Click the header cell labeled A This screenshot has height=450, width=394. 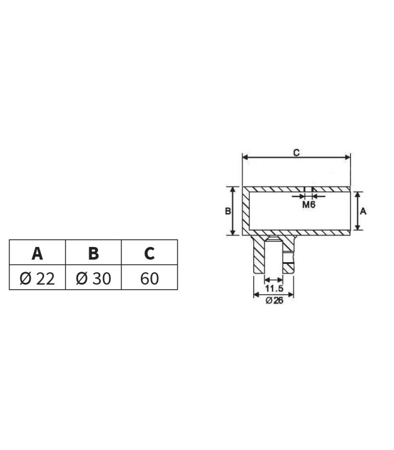click(x=37, y=252)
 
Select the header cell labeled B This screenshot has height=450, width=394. click(x=93, y=252)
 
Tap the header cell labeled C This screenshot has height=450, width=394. click(x=149, y=252)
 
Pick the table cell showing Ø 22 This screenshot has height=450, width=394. click(x=37, y=277)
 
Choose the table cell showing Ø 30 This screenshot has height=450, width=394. click(x=93, y=277)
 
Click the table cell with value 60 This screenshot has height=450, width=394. click(x=149, y=277)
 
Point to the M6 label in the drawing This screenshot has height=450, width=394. click(x=308, y=205)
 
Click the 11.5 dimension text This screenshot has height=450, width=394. click(x=274, y=288)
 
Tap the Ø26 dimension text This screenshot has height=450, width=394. click(x=274, y=300)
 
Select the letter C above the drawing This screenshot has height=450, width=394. click(x=297, y=152)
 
